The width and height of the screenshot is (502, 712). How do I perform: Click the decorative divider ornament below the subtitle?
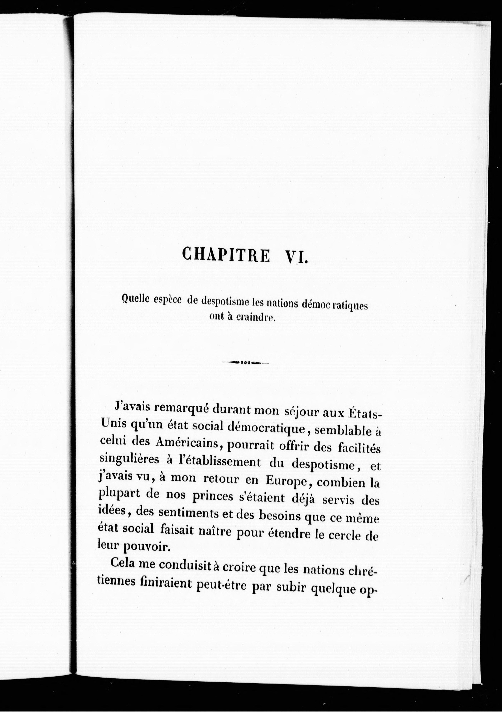pos(245,363)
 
